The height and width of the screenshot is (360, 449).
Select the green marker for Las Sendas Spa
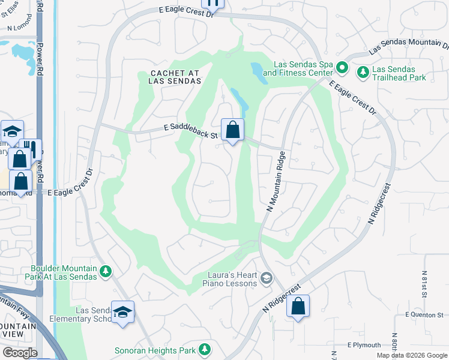[342, 67]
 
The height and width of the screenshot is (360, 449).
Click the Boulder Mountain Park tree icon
[106, 272]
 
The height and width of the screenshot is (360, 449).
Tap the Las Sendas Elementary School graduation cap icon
[122, 312]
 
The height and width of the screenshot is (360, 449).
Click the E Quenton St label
[424, 314]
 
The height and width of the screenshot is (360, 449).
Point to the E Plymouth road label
[364, 345]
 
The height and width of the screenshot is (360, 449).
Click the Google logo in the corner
[20, 353]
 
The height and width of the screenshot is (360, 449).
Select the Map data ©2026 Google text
[411, 355]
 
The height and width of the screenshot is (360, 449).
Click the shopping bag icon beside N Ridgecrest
[298, 307]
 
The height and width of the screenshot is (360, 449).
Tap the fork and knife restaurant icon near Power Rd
[30, 149]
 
